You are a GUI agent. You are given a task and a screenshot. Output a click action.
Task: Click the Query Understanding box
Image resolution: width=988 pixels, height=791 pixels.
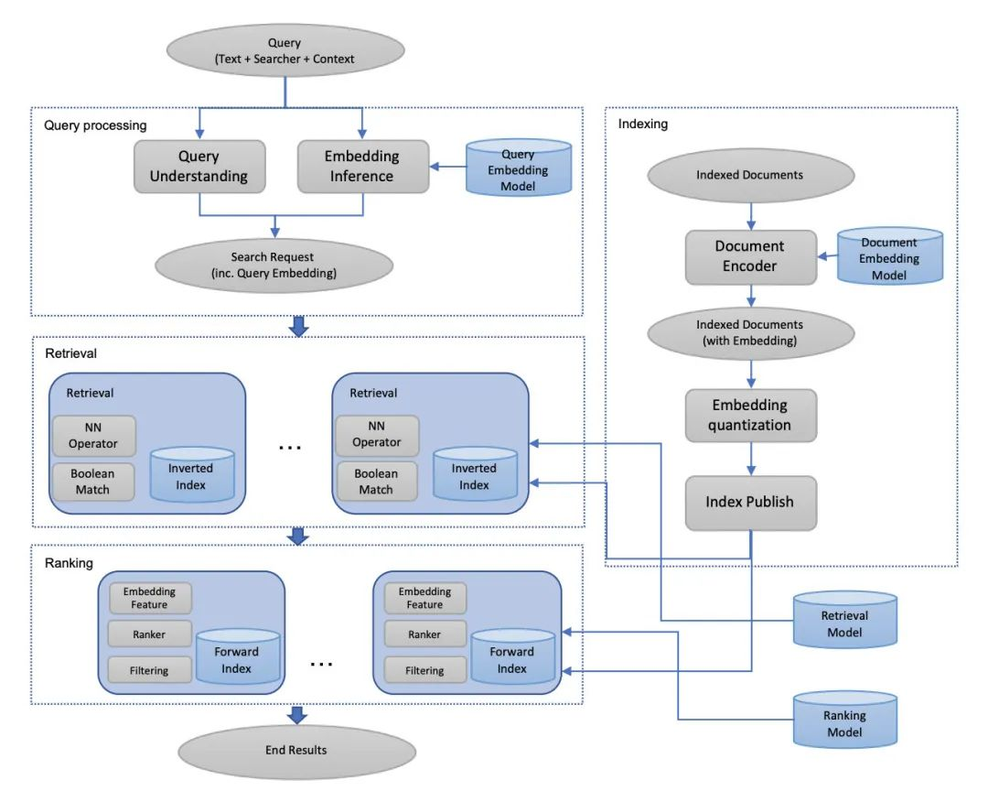coord(199,167)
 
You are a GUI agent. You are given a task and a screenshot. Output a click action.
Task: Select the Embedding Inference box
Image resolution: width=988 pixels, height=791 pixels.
coord(363,167)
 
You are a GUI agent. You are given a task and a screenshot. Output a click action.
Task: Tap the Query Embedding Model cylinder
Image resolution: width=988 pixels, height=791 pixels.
coord(519,168)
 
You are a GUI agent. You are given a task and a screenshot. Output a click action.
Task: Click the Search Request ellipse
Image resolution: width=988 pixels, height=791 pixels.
coord(274,265)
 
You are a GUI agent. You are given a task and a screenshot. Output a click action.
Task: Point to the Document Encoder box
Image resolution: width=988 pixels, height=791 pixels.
coord(750,256)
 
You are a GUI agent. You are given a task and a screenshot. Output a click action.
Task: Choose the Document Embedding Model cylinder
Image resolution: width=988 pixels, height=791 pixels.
coord(890,255)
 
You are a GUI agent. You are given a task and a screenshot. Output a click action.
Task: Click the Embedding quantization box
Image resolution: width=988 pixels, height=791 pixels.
coord(750,415)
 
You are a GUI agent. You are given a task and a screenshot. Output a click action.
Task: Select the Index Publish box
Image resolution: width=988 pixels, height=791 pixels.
coord(750,503)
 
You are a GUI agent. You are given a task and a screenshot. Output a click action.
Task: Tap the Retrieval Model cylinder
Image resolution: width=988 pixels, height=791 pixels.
coord(845,620)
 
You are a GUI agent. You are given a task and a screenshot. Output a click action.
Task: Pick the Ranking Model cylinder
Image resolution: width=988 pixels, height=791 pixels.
coord(845,720)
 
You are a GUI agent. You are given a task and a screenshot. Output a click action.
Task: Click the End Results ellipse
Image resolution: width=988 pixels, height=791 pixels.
coord(296,751)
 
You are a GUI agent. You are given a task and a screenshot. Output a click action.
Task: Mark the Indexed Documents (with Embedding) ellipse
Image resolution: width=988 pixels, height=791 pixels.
coord(750,333)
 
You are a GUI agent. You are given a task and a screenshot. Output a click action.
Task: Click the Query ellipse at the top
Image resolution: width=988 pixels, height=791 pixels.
coord(285,50)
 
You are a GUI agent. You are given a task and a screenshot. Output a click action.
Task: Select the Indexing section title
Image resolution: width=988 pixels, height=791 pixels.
coord(643,124)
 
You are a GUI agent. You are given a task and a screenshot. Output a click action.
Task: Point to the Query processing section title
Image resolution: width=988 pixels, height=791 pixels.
coord(95,125)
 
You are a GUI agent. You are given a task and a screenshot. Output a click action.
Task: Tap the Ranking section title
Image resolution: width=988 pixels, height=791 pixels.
coord(69,563)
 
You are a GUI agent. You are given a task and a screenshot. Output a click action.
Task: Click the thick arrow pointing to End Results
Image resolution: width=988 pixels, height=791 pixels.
coord(296,715)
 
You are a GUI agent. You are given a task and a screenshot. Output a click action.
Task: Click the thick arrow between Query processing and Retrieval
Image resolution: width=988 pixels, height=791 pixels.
coord(298,326)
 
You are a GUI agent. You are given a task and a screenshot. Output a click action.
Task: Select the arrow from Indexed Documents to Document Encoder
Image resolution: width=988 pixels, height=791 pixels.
coord(750,216)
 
